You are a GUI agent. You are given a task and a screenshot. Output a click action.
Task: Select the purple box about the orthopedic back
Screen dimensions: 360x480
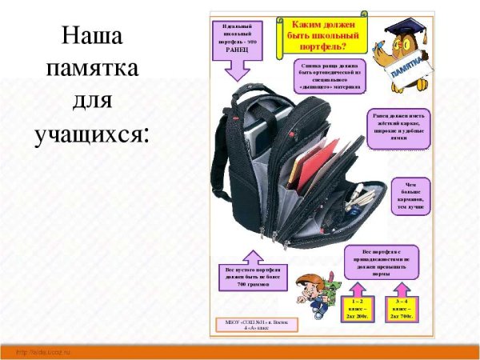click(x=328, y=76)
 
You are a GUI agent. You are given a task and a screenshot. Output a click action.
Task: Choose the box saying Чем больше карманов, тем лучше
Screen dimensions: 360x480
click(x=411, y=195)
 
